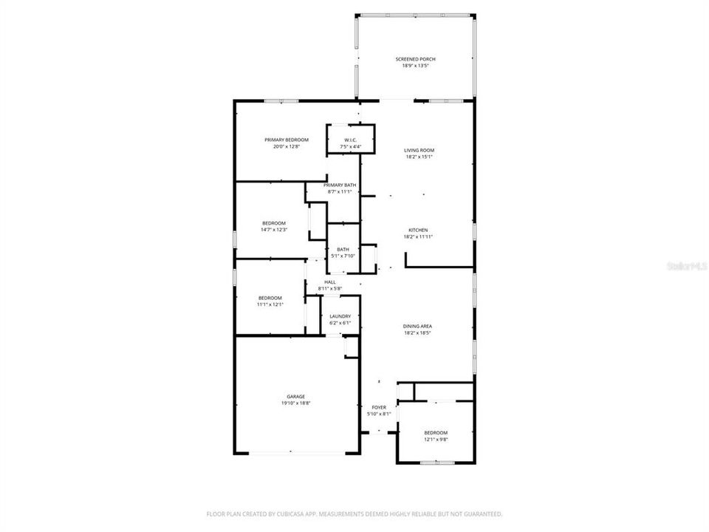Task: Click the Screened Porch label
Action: pyautogui.click(x=415, y=59)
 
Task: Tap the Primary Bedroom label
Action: pyautogui.click(x=281, y=140)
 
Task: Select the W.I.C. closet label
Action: pyautogui.click(x=351, y=140)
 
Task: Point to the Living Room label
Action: pyautogui.click(x=419, y=150)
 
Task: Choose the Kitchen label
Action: pyautogui.click(x=419, y=231)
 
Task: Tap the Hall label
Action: pyautogui.click(x=329, y=282)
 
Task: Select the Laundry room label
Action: pyautogui.click(x=340, y=316)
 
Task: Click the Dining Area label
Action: pyautogui.click(x=418, y=326)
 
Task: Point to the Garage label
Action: pyautogui.click(x=295, y=397)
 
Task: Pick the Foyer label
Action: pyautogui.click(x=379, y=407)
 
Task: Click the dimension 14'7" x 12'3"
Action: pyautogui.click(x=273, y=230)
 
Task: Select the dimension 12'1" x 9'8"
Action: pyautogui.click(x=436, y=440)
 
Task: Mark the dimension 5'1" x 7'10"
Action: pyautogui.click(x=343, y=256)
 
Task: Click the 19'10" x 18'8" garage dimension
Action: pyautogui.click(x=295, y=403)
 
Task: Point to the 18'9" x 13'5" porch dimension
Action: pyautogui.click(x=415, y=66)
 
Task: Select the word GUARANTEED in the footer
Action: pyautogui.click(x=479, y=514)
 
